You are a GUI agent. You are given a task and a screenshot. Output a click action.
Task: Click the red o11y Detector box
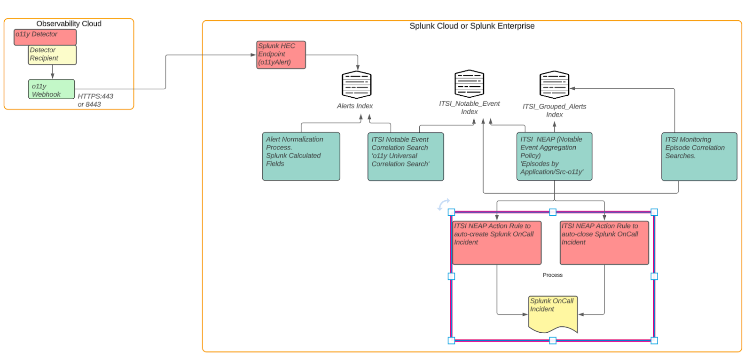45,37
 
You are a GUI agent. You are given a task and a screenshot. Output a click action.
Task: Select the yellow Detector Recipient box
52,55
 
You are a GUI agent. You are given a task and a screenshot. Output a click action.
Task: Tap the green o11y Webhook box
51,89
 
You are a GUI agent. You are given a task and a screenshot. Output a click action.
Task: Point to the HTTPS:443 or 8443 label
95,100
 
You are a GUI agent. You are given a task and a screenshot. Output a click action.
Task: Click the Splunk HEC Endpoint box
281,55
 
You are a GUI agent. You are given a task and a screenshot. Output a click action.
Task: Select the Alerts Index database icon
356,85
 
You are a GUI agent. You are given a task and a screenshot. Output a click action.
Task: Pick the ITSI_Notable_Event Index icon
469,84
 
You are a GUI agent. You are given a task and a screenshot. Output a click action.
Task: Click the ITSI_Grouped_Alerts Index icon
554,85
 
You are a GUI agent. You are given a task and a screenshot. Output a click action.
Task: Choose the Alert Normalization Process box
301,157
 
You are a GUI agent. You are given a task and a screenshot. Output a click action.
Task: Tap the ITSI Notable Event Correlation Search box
406,157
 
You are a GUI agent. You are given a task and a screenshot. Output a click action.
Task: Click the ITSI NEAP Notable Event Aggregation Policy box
554,157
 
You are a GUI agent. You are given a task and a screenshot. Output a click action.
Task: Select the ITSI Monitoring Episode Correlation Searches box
699,157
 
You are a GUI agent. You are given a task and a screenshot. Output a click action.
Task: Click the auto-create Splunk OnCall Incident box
497,243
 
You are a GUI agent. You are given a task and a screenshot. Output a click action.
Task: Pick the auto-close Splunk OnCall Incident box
604,243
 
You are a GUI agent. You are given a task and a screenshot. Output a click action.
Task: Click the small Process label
552,275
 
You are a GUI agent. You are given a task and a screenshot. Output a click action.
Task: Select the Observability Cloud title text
69,23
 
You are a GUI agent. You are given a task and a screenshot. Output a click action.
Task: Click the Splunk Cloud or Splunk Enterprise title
472,26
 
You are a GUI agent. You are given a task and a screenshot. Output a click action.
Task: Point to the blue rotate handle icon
443,204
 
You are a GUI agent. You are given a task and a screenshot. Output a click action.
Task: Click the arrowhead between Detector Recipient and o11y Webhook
52,76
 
